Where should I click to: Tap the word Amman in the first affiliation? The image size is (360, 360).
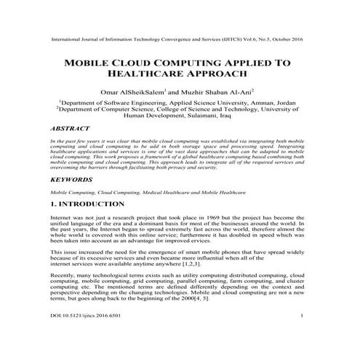point(262,103)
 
